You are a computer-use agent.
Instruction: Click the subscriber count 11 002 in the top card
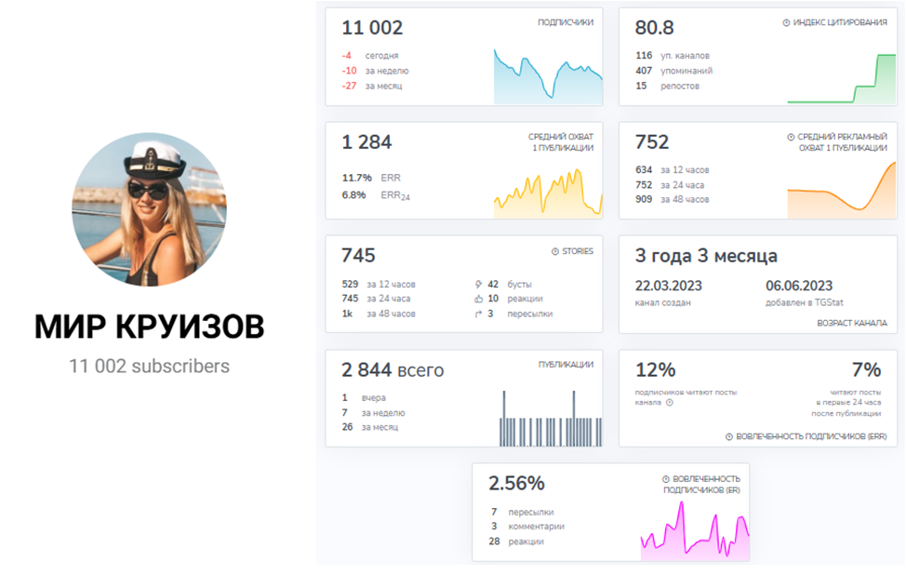pos(372,28)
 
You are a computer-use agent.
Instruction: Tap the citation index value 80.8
pos(654,28)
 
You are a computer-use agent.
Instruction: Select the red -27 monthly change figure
pos(349,86)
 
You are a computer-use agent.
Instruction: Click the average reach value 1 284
pos(366,142)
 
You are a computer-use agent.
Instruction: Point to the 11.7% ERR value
pos(356,178)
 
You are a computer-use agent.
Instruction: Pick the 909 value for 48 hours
pos(644,199)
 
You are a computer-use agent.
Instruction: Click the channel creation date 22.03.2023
pos(669,286)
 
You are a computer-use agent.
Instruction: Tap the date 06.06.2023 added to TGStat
pos(799,286)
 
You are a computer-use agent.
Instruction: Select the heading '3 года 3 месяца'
pos(706,256)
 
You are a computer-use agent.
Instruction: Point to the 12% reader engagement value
pos(655,370)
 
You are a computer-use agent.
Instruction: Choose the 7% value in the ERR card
pos(866,370)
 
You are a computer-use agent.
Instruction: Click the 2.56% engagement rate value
pos(516,483)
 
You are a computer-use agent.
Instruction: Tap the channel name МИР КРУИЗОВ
pos(149,327)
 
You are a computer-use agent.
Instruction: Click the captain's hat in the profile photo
pos(154,159)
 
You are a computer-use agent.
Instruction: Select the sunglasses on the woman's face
pos(148,189)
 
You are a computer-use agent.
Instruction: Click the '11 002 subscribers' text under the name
pos(149,366)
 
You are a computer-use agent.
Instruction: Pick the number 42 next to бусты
pos(493,285)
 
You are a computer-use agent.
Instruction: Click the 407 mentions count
pos(644,71)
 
